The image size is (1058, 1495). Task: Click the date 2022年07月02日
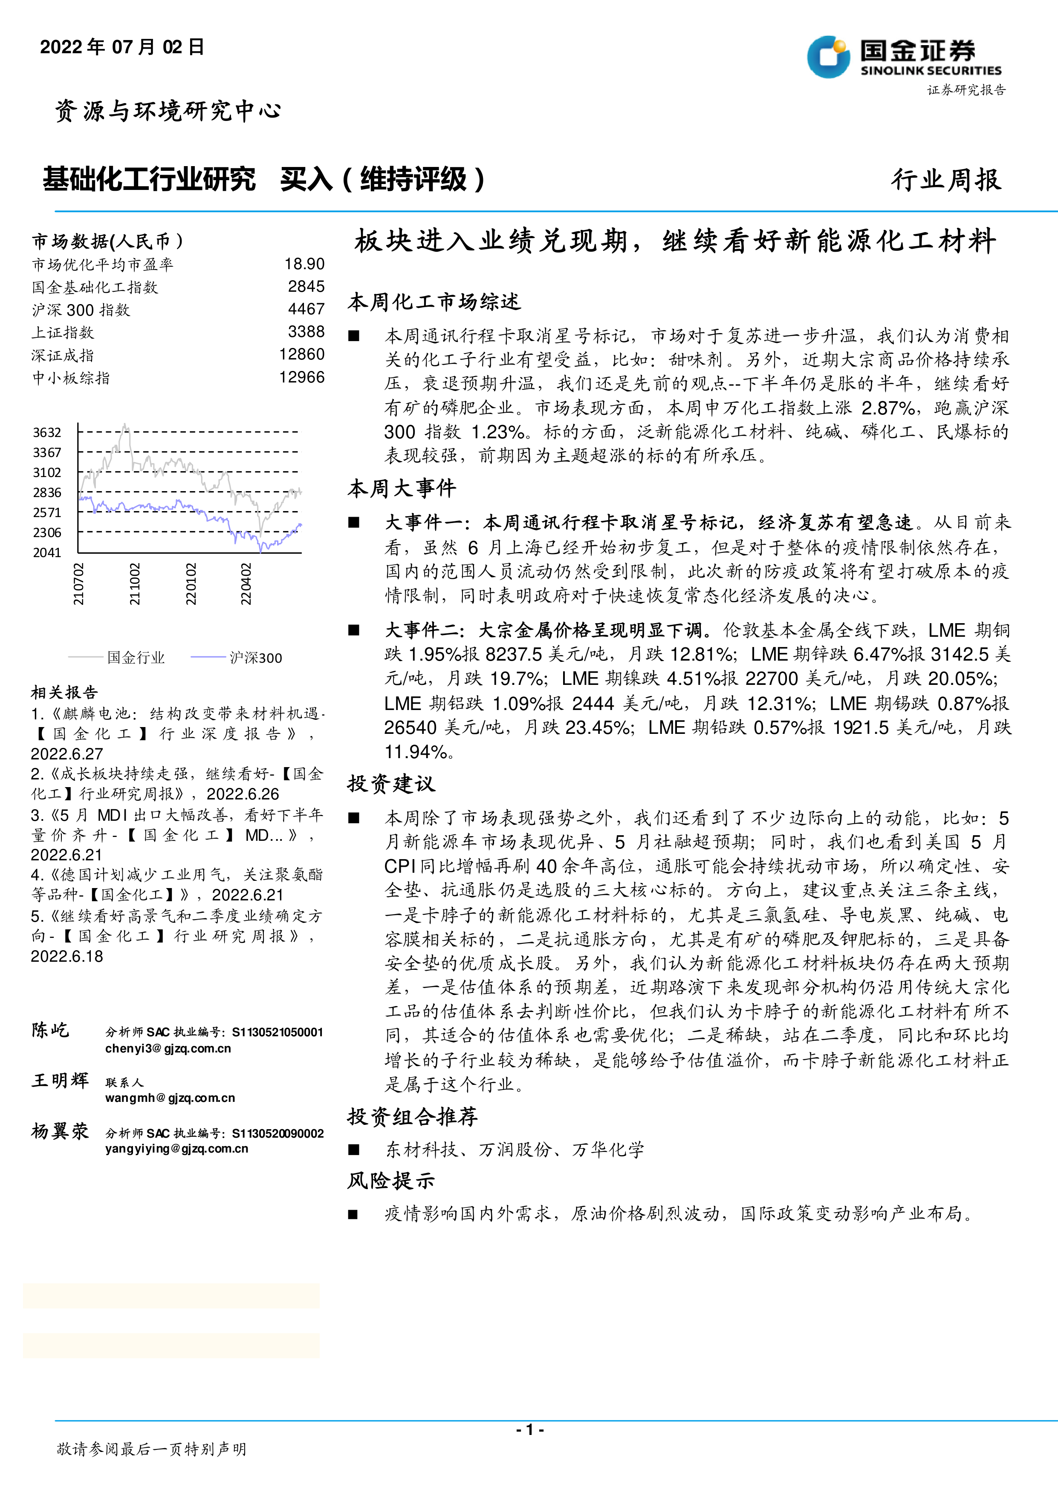(122, 47)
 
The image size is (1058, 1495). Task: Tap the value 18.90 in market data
(304, 264)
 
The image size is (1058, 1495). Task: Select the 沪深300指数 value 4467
(306, 309)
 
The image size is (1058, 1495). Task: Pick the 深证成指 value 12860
(302, 354)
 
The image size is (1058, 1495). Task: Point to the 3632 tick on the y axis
(47, 432)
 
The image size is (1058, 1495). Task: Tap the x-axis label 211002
(134, 584)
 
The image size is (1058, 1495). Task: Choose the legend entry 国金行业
(136, 658)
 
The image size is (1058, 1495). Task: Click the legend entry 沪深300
(255, 658)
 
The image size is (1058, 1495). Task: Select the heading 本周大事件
(401, 489)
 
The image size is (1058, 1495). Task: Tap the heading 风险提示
(391, 1181)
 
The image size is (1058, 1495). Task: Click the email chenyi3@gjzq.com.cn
(168, 1048)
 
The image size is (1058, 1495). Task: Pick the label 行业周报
(946, 180)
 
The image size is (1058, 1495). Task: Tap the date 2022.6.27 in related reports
(67, 754)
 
